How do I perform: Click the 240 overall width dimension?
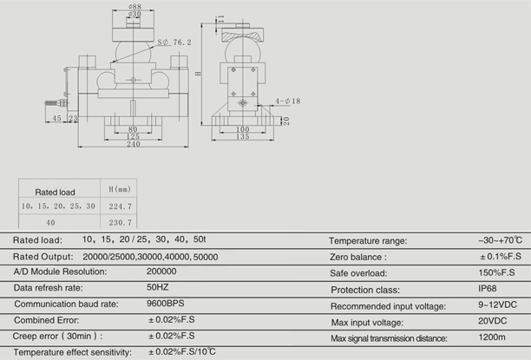tap(134, 144)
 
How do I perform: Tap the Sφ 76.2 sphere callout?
tap(174, 43)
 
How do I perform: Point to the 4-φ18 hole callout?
tap(287, 101)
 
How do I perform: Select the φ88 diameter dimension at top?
tap(134, 6)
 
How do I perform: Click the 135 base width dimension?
tap(242, 136)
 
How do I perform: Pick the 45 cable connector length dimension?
tap(56, 118)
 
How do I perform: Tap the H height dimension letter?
tap(199, 73)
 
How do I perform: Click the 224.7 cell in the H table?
tap(121, 206)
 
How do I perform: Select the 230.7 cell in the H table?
tap(121, 222)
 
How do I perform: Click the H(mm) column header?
tap(120, 189)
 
